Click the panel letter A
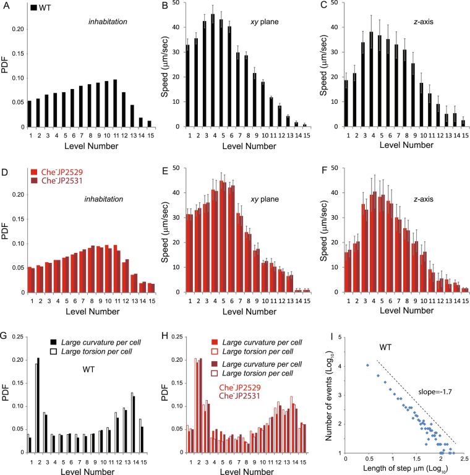coord(5,7)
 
